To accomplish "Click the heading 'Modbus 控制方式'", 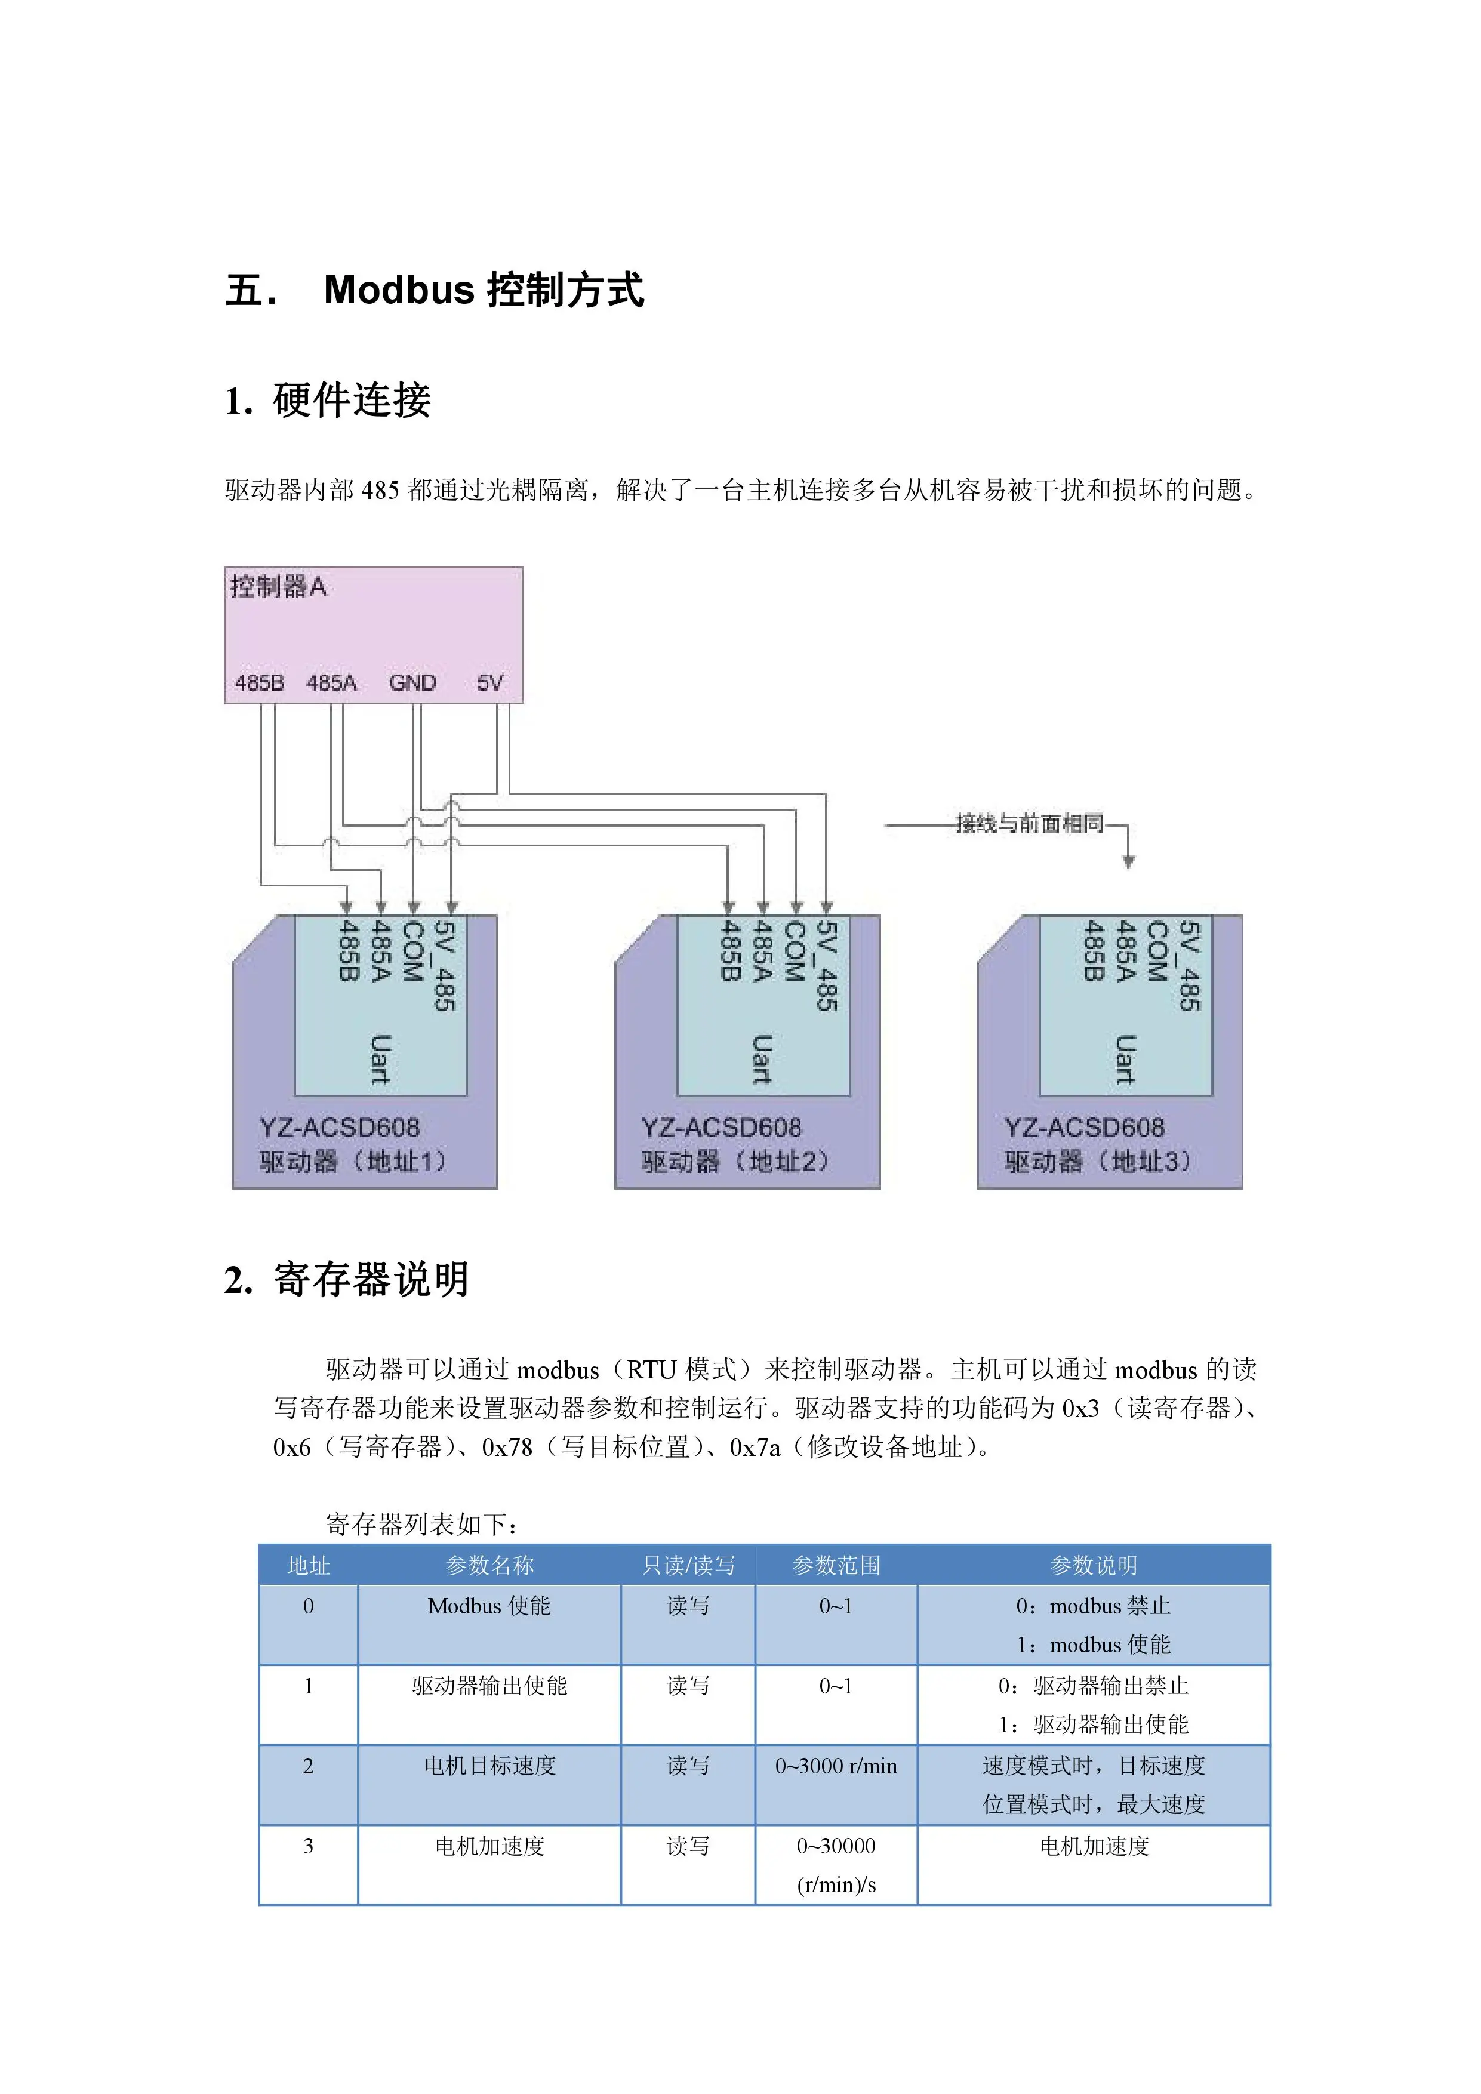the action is [x=484, y=290].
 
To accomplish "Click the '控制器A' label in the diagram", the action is [x=278, y=586].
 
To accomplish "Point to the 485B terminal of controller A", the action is [x=260, y=682].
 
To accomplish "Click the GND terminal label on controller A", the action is [x=413, y=682].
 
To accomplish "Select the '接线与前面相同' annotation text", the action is [x=1030, y=824].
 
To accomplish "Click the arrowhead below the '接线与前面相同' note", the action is [x=1129, y=861].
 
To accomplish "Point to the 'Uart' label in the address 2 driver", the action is [x=762, y=1060].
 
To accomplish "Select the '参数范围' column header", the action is [x=836, y=1565].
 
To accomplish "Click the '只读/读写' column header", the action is [x=688, y=1565].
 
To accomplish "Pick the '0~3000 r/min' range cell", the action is [x=836, y=1766].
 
